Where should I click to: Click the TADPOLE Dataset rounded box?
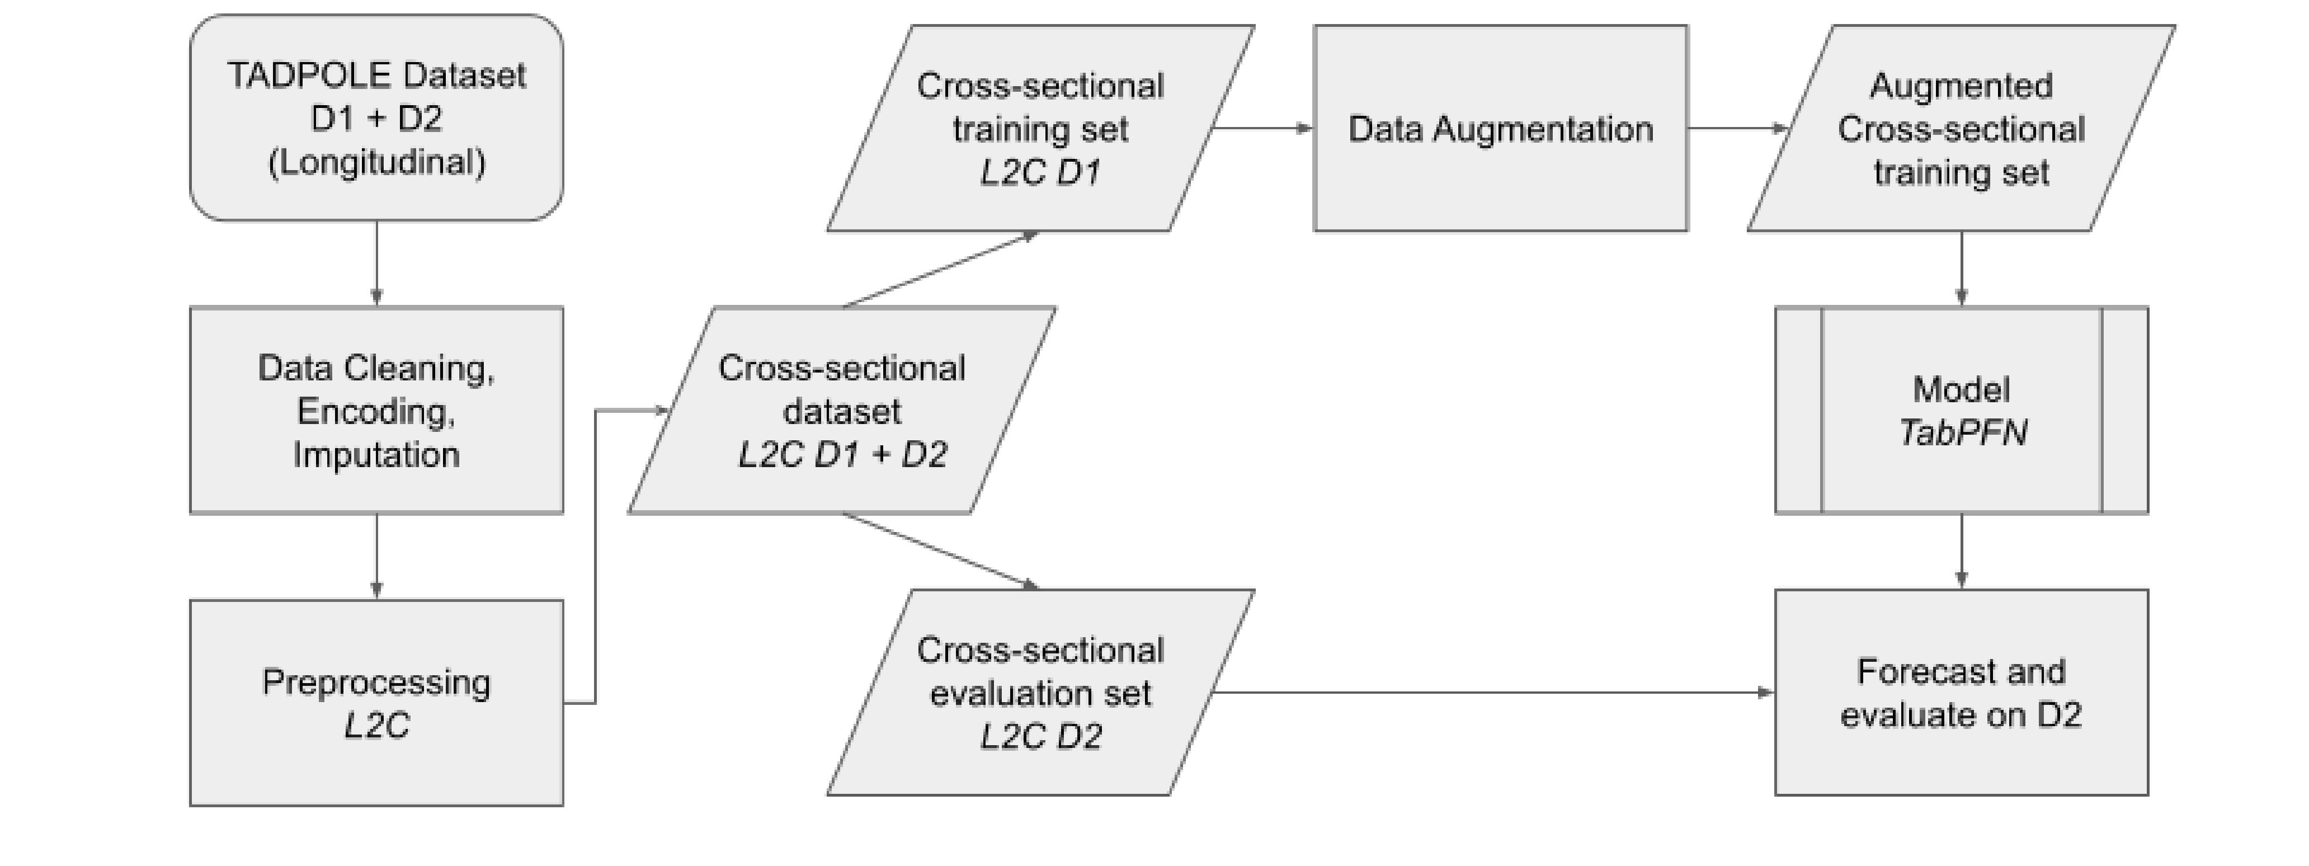click(x=376, y=117)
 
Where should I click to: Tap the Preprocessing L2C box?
click(x=376, y=703)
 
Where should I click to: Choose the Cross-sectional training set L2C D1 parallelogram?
click(x=1040, y=128)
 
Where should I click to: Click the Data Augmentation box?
click(x=1501, y=128)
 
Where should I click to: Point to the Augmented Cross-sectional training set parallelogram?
click(x=1961, y=128)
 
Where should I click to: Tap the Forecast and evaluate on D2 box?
click(x=1961, y=692)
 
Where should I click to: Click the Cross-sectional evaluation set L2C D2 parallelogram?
click(x=1040, y=692)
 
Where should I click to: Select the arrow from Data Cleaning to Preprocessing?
click(x=376, y=556)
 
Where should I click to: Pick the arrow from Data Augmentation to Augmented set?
click(x=1737, y=128)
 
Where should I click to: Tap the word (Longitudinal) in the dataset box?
click(x=376, y=162)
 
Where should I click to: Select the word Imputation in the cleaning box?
click(x=376, y=454)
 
